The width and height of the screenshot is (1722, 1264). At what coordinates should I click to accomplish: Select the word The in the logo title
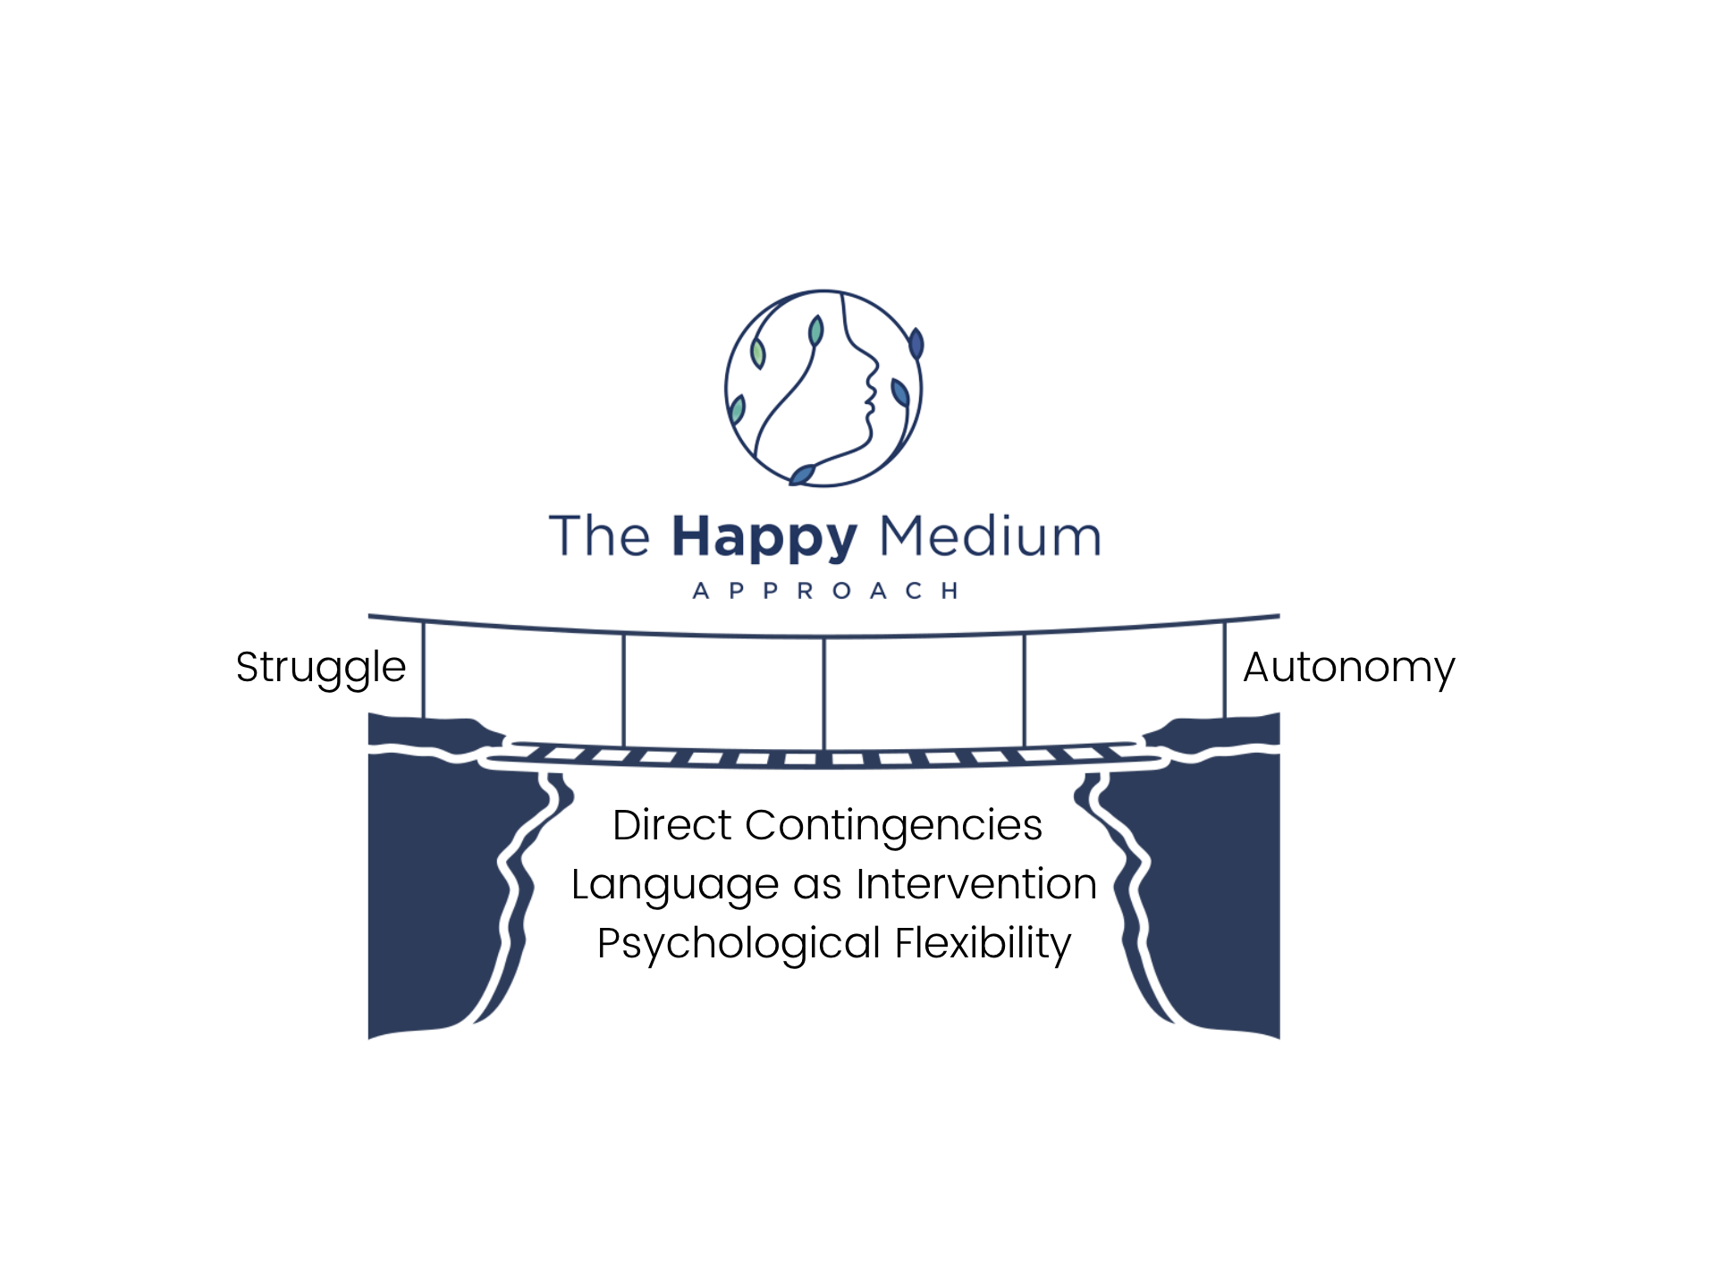(x=599, y=536)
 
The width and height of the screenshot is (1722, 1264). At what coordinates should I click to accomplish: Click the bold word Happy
(x=764, y=539)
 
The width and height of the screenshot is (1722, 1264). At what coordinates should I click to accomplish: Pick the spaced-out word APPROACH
(x=826, y=591)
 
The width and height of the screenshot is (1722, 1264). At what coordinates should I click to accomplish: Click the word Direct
(x=671, y=824)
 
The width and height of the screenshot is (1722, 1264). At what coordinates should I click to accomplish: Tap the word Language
(x=675, y=886)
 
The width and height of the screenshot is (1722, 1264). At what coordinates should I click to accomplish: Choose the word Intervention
(x=976, y=883)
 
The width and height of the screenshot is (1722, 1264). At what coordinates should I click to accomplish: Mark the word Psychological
(x=739, y=945)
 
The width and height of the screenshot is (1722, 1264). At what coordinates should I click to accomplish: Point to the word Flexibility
(x=983, y=945)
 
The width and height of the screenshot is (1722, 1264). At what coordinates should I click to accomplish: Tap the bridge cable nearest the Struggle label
(x=423, y=670)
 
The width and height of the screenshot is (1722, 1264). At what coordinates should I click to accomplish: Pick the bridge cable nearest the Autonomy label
(x=1224, y=670)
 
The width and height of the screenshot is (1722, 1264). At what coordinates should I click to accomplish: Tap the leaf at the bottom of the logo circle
(x=803, y=475)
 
